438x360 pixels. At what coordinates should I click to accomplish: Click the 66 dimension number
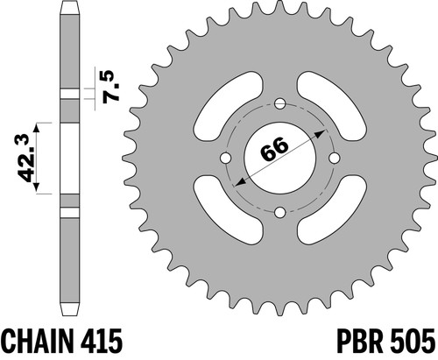pyautogui.click(x=274, y=149)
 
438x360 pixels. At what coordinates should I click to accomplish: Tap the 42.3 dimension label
pyautogui.click(x=28, y=158)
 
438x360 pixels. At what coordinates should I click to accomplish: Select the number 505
pyautogui.click(x=411, y=341)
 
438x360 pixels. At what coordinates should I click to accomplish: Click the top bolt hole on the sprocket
pyautogui.click(x=280, y=103)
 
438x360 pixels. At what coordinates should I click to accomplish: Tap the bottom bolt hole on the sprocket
pyautogui.click(x=280, y=213)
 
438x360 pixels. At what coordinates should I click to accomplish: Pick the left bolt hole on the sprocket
pyautogui.click(x=225, y=158)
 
